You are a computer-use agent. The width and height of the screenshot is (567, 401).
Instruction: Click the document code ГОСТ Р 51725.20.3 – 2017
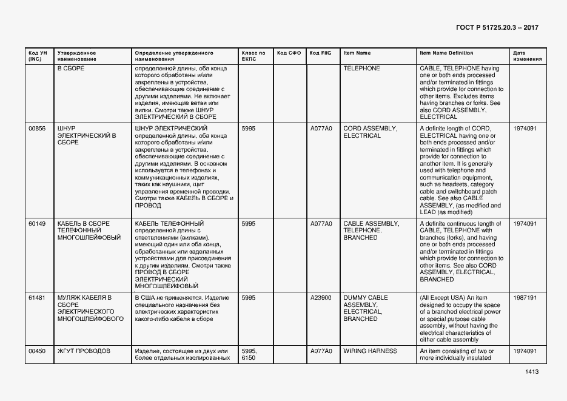[497, 28]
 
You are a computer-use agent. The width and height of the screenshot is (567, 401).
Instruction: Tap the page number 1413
[532, 372]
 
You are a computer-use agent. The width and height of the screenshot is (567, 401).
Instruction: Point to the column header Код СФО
[289, 53]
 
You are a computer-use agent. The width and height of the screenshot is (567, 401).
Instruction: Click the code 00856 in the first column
[37, 129]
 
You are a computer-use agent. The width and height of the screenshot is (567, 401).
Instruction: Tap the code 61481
[37, 298]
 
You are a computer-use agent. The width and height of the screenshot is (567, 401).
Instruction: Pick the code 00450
[37, 351]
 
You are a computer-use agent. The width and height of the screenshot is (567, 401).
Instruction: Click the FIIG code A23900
[321, 298]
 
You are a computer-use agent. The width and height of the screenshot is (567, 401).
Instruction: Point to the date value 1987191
[525, 298]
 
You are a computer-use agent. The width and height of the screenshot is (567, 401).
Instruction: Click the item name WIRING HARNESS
[370, 351]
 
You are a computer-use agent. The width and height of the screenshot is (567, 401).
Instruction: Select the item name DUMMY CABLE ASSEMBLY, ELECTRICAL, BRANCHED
[366, 308]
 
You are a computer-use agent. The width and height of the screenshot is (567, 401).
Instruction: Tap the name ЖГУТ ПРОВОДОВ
[84, 351]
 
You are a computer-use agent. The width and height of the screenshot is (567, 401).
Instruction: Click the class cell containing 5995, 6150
[249, 355]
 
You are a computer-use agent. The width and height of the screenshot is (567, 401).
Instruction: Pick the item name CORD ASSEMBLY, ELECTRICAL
[370, 132]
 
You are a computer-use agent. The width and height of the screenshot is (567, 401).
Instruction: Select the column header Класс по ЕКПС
[253, 56]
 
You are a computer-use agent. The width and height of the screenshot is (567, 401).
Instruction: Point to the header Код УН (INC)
[37, 56]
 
